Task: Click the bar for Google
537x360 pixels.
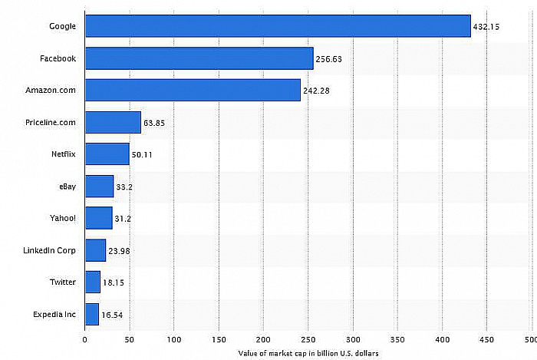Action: (x=278, y=26)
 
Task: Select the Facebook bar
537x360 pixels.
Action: (x=199, y=58)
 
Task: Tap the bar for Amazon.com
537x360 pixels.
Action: (x=193, y=90)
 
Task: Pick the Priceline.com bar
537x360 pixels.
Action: (x=113, y=122)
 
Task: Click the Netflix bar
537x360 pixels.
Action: (x=107, y=154)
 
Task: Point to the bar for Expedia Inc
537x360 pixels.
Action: (x=92, y=314)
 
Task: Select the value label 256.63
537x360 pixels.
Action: (x=331, y=59)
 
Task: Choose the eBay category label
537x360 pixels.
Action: (x=66, y=187)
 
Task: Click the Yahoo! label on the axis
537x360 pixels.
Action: (x=63, y=218)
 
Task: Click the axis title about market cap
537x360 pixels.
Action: (x=308, y=352)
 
